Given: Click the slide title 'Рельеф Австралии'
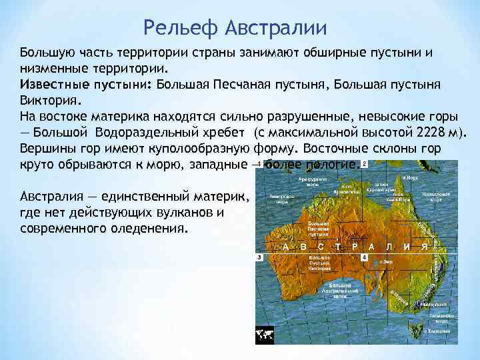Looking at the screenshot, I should (x=235, y=29).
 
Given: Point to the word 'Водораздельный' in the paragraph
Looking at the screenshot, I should (x=144, y=131).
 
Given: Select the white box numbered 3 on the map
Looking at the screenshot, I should (x=259, y=257).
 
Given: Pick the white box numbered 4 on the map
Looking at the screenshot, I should (x=364, y=257).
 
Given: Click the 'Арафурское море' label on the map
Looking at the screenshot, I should (x=313, y=181).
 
